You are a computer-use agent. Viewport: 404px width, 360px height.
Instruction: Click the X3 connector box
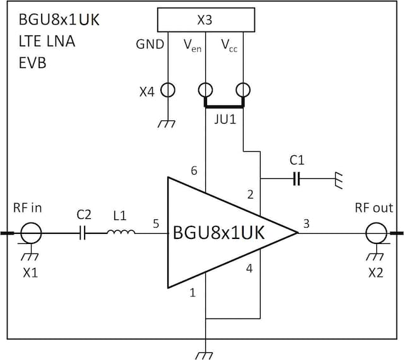(x=205, y=20)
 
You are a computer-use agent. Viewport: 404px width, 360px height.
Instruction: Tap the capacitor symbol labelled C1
(x=297, y=179)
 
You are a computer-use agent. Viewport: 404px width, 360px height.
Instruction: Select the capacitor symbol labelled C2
(x=83, y=234)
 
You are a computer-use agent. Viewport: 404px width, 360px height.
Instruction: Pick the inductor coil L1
(x=120, y=233)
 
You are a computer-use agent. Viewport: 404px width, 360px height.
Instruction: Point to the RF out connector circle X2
(x=376, y=234)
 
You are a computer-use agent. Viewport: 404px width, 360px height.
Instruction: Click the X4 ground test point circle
(x=167, y=90)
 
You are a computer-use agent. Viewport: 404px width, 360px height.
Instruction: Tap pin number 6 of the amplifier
(x=194, y=171)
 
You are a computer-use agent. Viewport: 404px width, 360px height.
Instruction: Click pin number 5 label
(x=156, y=223)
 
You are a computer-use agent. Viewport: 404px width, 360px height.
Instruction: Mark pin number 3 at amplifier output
(x=307, y=223)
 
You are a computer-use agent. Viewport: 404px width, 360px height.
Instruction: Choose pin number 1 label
(x=193, y=293)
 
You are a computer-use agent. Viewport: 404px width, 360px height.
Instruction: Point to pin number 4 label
(x=249, y=269)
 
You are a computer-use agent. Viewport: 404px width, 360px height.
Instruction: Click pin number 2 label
(x=251, y=195)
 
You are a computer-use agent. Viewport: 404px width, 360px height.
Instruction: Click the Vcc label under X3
(x=229, y=45)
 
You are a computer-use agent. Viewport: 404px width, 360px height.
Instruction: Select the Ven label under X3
(x=192, y=45)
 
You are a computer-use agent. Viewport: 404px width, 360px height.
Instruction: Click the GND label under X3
(x=150, y=44)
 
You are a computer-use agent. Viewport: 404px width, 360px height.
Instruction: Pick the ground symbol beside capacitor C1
(x=339, y=179)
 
